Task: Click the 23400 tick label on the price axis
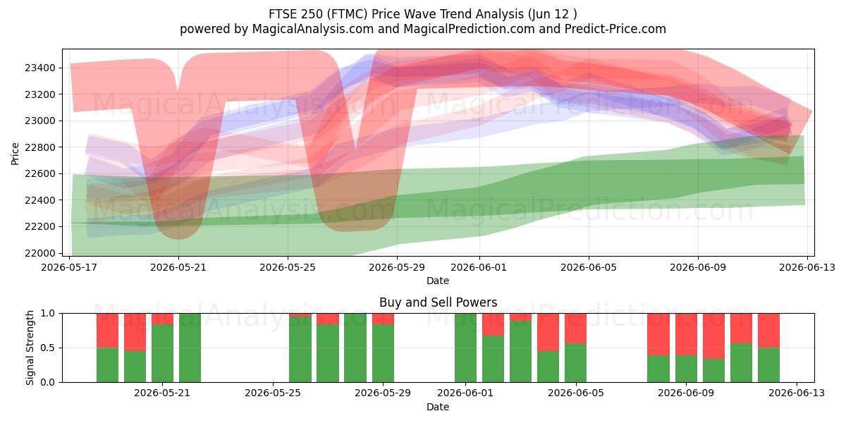coord(40,68)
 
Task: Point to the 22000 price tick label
coord(40,253)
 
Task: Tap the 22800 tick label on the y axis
coord(40,147)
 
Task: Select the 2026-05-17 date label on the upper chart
coord(69,267)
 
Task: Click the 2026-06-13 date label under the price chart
coord(807,267)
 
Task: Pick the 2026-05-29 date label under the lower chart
coord(383,393)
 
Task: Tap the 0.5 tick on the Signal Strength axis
coord(49,348)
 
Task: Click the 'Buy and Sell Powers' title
coord(438,302)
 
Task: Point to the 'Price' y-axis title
coord(15,154)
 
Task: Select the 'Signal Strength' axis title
coord(30,348)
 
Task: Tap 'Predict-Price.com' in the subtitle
coord(615,29)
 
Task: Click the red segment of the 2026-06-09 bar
coord(686,335)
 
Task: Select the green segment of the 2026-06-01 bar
coord(466,348)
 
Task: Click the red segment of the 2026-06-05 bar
coord(575,329)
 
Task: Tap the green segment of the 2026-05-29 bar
coord(383,353)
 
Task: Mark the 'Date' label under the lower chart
coord(438,407)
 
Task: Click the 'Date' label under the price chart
coord(438,281)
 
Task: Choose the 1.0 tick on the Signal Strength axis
coord(49,314)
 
